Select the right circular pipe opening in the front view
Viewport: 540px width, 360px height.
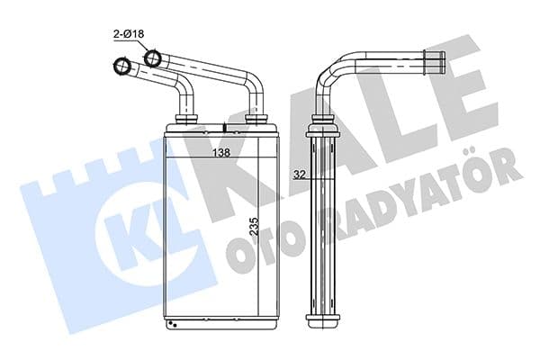[153, 60]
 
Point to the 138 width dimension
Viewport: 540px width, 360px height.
[220, 153]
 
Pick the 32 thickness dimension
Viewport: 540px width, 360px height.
[299, 175]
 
